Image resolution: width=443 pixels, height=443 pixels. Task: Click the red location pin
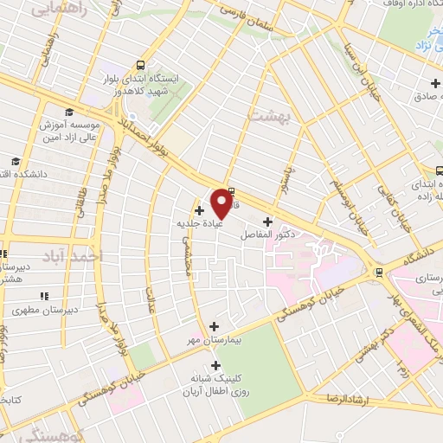(222, 202)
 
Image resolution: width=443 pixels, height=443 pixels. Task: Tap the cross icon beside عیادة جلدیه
(199, 209)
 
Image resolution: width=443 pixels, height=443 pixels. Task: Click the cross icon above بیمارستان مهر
(215, 326)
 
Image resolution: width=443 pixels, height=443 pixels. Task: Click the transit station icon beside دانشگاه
(379, 273)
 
